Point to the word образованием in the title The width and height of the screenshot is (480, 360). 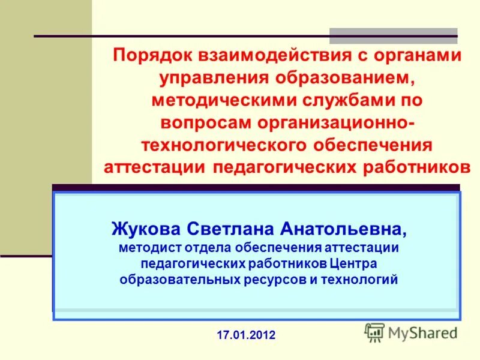click(349, 79)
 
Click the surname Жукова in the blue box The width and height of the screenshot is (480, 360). click(147, 228)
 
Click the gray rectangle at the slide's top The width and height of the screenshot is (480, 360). click(393, 36)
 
